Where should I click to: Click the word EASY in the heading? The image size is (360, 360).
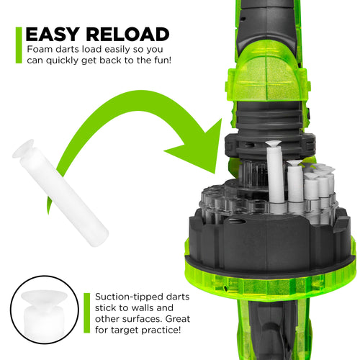(x=53, y=35)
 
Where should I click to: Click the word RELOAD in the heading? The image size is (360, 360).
(x=127, y=35)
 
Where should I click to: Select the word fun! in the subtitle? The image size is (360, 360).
(x=163, y=60)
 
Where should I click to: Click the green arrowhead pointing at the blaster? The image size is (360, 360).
(x=197, y=146)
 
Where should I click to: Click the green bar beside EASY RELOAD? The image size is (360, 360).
(x=19, y=45)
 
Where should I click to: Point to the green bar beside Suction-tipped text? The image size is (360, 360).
(x=86, y=312)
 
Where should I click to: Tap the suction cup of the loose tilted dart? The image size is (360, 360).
(x=23, y=149)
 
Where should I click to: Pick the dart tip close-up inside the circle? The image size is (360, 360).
(x=44, y=314)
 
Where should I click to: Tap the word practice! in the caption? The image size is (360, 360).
(x=161, y=330)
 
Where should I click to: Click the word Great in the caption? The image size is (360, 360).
(x=178, y=319)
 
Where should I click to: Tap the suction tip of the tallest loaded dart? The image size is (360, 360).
(x=273, y=143)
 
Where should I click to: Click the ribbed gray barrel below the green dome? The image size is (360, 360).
(x=269, y=117)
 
